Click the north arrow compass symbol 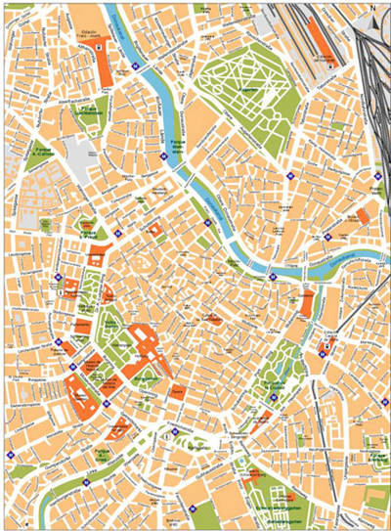tap(372, 8)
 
